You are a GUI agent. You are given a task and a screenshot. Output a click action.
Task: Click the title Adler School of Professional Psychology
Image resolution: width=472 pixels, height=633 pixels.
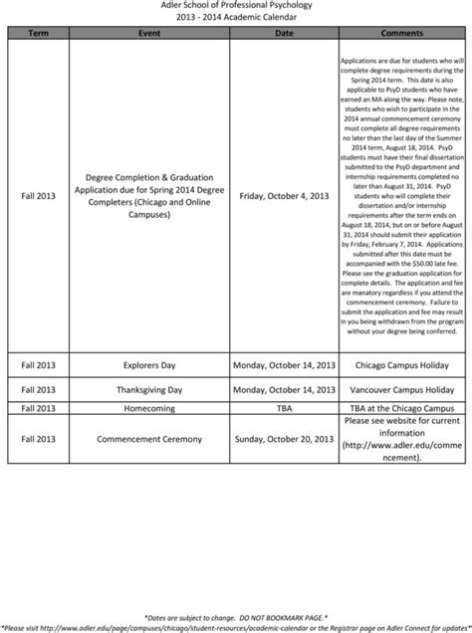point(235,6)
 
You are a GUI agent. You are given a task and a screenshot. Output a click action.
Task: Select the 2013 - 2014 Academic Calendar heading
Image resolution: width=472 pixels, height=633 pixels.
point(235,18)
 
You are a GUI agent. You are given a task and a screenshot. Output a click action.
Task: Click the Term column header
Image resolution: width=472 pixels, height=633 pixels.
point(39,33)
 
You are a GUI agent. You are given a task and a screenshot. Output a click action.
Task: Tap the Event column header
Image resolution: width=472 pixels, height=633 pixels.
point(149,33)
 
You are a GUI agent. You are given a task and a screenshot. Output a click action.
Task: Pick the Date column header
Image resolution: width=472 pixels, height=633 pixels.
point(284,33)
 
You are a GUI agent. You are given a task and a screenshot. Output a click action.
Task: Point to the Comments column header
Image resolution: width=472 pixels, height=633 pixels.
point(402,33)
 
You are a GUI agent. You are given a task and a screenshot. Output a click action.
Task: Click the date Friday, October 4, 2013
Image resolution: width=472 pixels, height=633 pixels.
point(284,195)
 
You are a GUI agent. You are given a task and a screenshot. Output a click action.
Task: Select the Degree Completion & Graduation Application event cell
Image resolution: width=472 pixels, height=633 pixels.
point(149,195)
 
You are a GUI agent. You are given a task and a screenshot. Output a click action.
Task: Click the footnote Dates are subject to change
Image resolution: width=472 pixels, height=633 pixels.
point(235,617)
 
